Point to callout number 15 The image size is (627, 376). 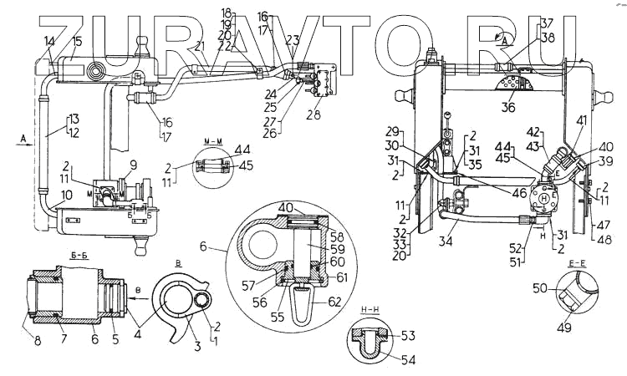click(x=77, y=41)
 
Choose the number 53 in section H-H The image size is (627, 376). click(x=407, y=335)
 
